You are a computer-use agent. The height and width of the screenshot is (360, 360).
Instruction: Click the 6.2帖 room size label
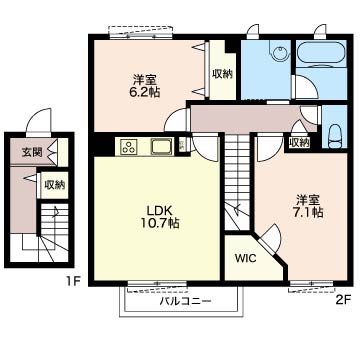tap(144, 92)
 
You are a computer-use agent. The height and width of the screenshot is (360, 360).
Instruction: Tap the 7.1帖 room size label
tap(308, 212)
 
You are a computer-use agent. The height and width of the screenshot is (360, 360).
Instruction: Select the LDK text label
tap(159, 210)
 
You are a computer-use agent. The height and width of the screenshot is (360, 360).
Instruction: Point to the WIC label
tap(246, 258)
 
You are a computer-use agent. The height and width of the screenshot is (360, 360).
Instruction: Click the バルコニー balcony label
tap(185, 301)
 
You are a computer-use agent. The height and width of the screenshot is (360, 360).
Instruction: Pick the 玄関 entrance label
tap(32, 152)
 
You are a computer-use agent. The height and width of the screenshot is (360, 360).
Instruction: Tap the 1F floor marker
tap(73, 282)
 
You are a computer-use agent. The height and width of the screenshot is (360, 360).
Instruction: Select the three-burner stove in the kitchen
tap(129, 146)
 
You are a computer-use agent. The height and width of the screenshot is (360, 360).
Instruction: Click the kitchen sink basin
tap(162, 146)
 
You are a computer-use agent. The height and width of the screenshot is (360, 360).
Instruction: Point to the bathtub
tap(320, 53)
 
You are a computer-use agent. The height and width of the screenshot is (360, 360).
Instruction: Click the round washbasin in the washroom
tap(280, 53)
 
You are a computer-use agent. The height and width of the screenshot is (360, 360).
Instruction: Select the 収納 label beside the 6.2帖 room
tap(222, 74)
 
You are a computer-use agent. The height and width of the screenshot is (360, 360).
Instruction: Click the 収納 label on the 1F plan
tap(55, 184)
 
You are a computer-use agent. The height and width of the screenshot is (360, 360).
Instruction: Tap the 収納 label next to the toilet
tap(299, 143)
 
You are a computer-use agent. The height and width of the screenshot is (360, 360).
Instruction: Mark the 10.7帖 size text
tap(159, 223)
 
